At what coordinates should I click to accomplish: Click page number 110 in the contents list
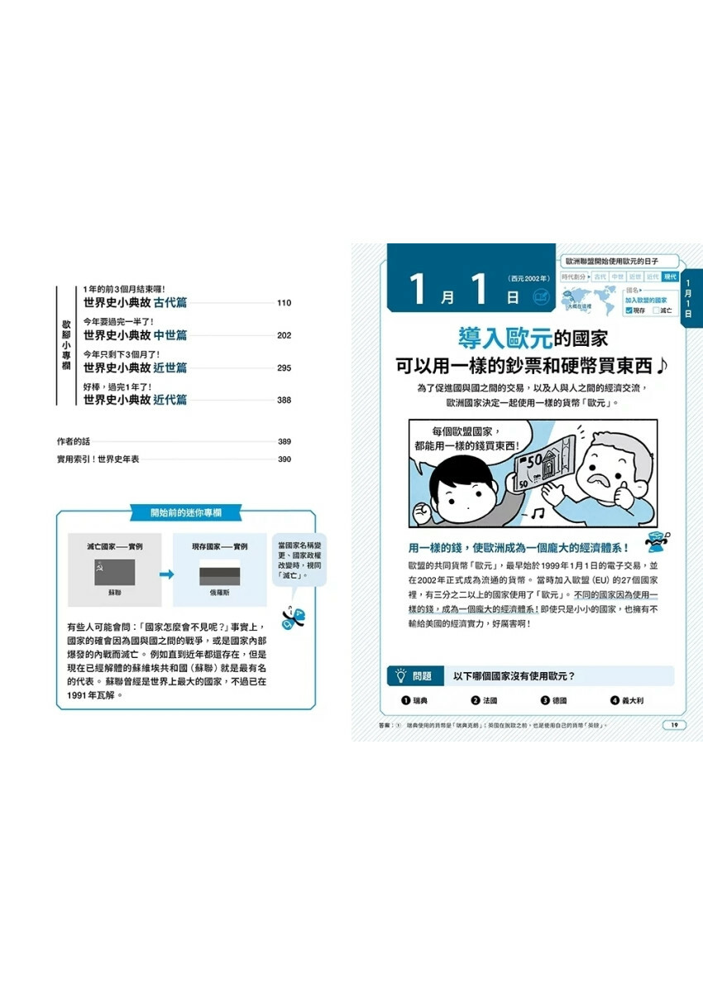284,303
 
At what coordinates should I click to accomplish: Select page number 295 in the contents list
284,368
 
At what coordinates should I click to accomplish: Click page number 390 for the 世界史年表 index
284,459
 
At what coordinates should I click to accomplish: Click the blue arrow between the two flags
167,574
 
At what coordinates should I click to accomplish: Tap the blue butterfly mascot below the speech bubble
293,615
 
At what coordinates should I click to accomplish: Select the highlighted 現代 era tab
670,276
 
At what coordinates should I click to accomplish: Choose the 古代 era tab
600,276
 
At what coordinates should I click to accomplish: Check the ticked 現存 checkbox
629,310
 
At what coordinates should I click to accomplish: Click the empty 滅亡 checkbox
657,310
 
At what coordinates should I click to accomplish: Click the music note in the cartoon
538,515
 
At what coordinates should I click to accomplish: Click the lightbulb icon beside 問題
400,675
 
